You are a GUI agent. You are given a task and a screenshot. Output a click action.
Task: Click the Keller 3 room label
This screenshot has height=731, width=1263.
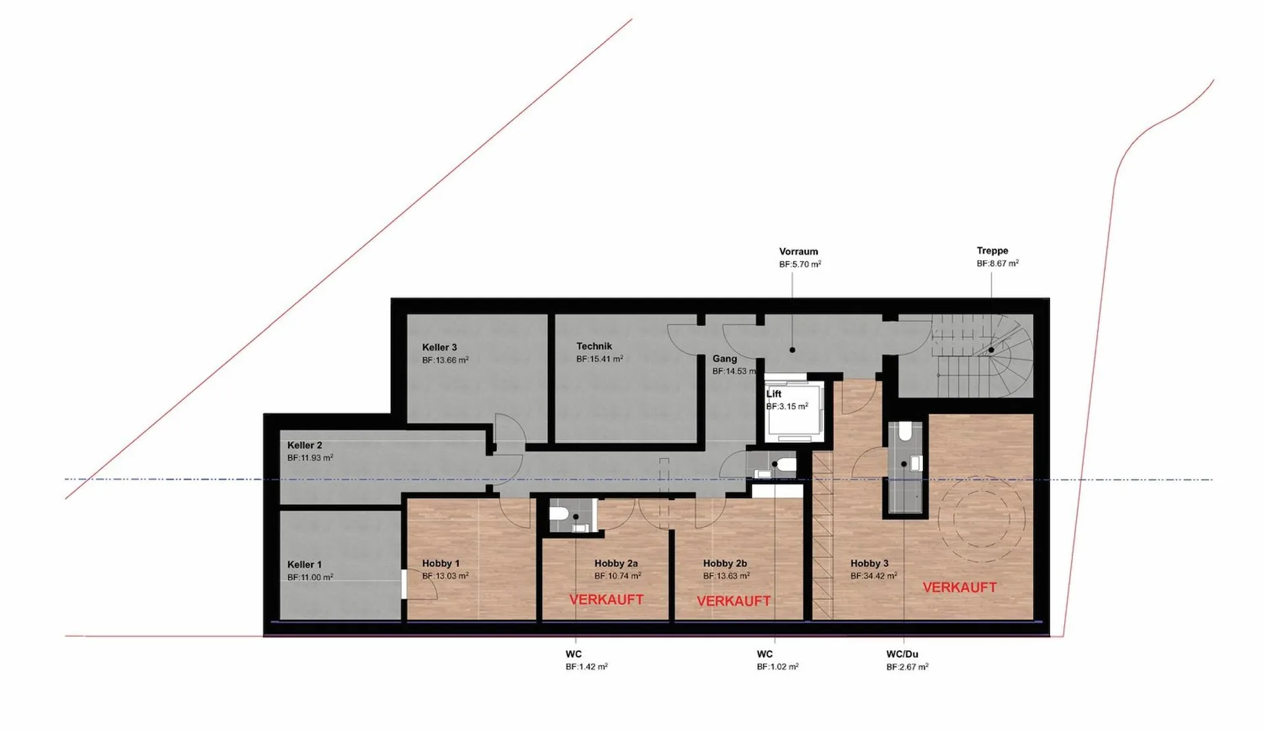coord(439,347)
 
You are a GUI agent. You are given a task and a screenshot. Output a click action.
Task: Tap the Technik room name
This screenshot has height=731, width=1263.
coord(594,346)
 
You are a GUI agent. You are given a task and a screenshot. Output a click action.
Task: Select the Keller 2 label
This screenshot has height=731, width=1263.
coord(305,445)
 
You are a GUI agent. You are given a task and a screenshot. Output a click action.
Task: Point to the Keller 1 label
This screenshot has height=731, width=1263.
coord(305,565)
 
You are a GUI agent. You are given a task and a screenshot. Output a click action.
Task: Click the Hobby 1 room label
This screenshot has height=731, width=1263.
coord(441,563)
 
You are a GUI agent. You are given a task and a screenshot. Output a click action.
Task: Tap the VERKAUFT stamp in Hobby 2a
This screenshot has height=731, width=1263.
coord(607,599)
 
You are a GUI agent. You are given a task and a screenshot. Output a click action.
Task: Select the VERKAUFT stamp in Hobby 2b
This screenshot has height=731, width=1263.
coord(733,601)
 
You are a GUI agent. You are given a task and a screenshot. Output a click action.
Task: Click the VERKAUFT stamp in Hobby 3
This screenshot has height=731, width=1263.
coord(960,588)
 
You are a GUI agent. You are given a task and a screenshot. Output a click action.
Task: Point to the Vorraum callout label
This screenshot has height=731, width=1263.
coord(799,251)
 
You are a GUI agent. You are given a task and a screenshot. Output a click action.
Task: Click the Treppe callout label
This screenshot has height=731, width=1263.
coord(992,251)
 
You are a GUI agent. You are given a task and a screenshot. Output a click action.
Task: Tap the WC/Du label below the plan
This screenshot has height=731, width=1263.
coord(902,654)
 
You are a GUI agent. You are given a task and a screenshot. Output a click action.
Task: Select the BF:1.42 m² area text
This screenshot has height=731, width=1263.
coord(586,667)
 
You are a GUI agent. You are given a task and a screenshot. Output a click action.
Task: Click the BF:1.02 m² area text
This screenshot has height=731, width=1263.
coord(778,667)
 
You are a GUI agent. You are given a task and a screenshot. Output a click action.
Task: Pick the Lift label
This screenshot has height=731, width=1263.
coord(774,394)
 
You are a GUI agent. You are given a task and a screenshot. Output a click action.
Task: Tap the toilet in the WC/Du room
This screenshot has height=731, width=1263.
coord(905,431)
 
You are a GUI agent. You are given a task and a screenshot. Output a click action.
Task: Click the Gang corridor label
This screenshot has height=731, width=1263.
coord(724,359)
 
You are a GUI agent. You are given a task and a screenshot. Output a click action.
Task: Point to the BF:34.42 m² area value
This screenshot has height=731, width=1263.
coord(874,576)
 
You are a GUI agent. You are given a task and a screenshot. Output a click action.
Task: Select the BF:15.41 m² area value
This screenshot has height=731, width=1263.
coord(599,359)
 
